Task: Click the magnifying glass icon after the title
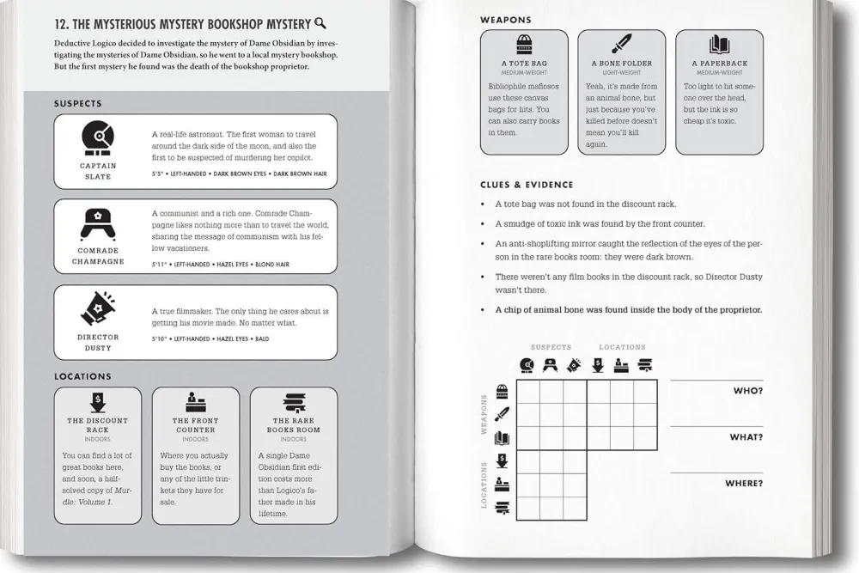320,24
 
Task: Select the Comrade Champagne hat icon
97,222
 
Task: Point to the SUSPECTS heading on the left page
78,104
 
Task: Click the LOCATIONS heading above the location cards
83,376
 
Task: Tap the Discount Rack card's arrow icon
97,402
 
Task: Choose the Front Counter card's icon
195,402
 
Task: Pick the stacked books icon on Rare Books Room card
293,402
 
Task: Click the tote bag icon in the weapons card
524,46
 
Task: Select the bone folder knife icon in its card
622,45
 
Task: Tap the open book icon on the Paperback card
720,46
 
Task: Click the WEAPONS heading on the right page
506,19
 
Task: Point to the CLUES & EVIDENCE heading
527,185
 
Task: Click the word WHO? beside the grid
747,391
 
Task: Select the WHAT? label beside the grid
746,437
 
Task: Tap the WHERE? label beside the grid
744,484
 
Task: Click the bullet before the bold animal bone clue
484,310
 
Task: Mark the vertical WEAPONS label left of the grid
484,415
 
